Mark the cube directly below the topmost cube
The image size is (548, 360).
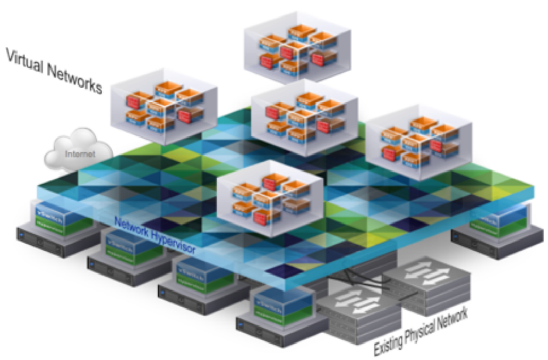(305, 117)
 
